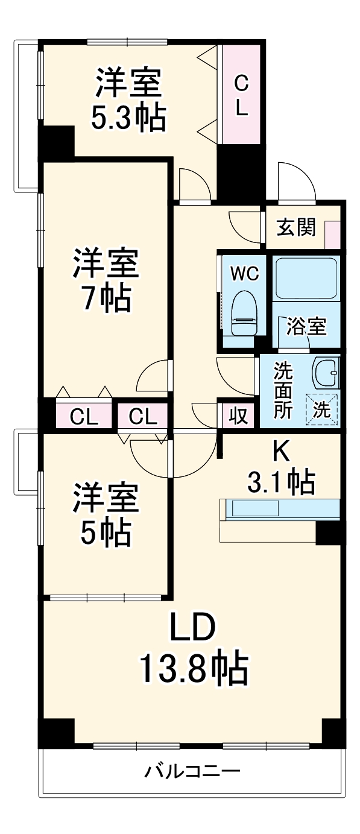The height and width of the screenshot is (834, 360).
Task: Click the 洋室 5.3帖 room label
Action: click(x=128, y=101)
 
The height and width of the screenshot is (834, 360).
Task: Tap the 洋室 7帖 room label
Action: click(x=106, y=279)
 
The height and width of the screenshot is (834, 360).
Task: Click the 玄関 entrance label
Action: click(x=295, y=227)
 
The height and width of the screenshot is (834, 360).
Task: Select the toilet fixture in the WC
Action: click(x=244, y=313)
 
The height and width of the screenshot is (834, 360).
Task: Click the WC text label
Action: click(x=244, y=273)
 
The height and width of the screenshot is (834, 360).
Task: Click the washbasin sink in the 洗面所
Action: click(x=326, y=372)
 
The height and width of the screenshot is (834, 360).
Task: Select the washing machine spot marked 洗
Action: click(x=321, y=410)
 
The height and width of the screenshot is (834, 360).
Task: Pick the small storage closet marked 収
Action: click(x=238, y=415)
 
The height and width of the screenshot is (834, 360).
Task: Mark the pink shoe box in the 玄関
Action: click(x=332, y=234)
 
